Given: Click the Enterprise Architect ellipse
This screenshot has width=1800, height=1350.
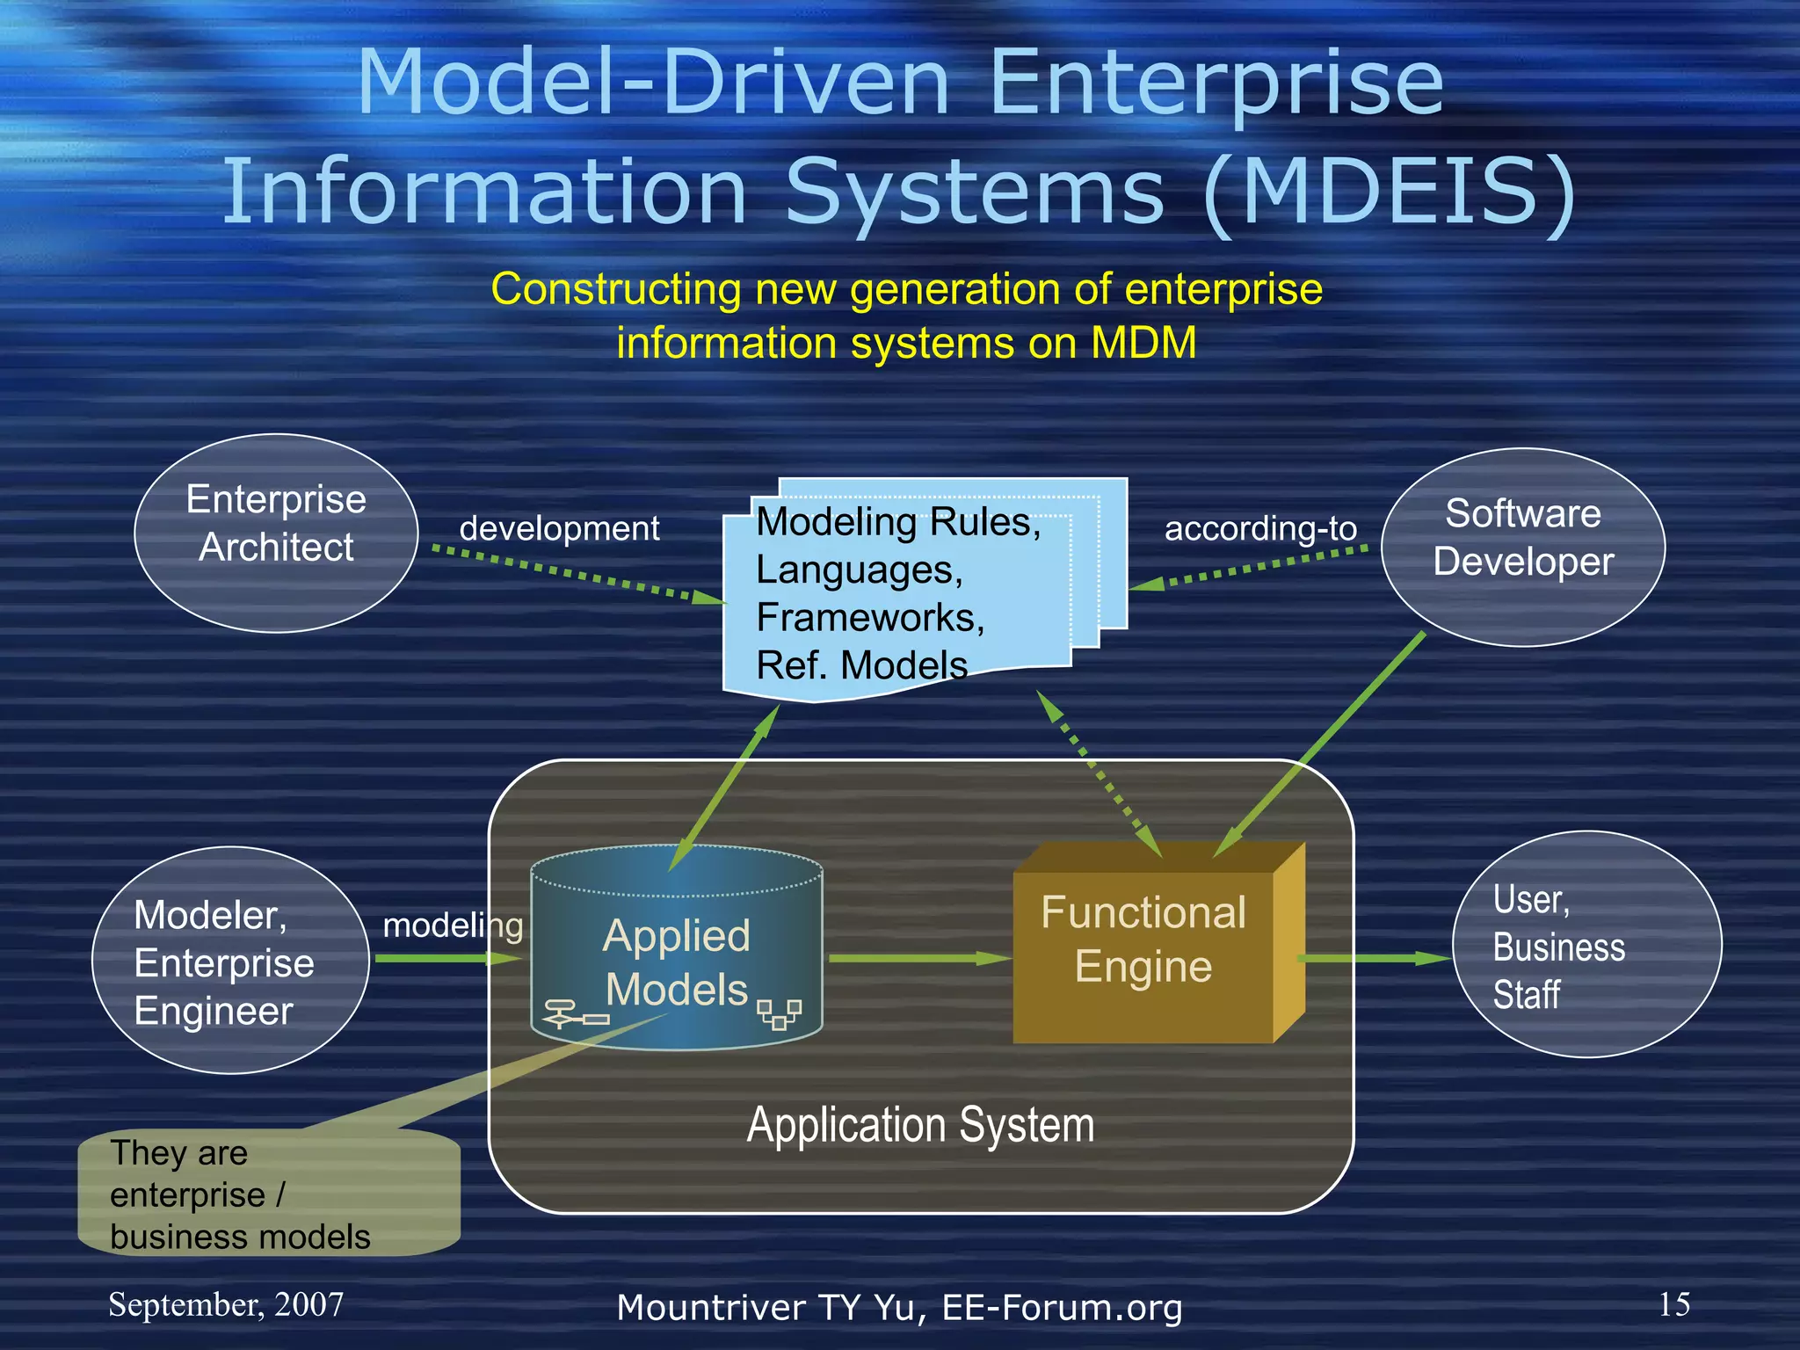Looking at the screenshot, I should (x=276, y=533).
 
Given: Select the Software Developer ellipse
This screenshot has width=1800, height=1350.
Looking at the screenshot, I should (x=1522, y=547).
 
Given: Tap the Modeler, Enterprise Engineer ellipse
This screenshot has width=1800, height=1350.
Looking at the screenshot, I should (x=230, y=960).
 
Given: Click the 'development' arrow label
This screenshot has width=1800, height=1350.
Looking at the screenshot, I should (x=559, y=528).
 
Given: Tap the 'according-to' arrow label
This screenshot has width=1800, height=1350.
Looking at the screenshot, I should (x=1260, y=528).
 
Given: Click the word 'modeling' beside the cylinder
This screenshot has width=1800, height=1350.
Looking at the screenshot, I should (x=453, y=925).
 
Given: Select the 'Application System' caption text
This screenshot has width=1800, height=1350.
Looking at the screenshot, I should (x=920, y=1125).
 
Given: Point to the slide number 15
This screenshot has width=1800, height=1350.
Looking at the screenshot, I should (x=1673, y=1304).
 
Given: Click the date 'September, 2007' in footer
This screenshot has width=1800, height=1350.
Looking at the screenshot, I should (x=226, y=1304).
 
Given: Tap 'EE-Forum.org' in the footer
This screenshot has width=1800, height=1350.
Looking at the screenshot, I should (x=1062, y=1308).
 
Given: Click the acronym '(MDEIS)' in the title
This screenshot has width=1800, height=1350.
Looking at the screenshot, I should (x=1389, y=191).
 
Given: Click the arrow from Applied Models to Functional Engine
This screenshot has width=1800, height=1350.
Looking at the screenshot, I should (x=918, y=958).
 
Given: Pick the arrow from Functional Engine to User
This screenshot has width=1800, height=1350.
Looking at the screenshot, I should (x=1375, y=958).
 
